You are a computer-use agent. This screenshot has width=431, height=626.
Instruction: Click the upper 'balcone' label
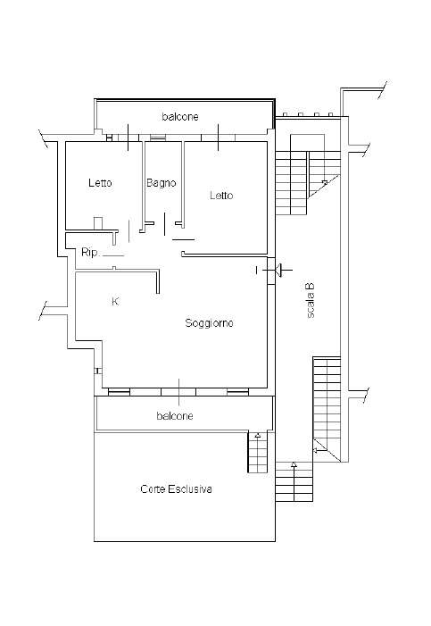click(180, 117)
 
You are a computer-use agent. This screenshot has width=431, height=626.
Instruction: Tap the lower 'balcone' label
click(175, 416)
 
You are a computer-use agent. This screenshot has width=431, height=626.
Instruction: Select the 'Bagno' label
click(161, 183)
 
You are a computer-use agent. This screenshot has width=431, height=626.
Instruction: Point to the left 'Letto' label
click(100, 183)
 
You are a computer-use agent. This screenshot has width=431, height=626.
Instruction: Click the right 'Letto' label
click(221, 196)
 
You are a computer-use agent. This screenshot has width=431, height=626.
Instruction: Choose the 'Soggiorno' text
click(209, 323)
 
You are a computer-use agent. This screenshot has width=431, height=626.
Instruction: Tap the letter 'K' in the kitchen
click(115, 302)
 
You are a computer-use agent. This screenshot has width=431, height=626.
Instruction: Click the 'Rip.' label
click(90, 253)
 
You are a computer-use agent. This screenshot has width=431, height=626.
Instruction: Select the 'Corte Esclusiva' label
click(176, 489)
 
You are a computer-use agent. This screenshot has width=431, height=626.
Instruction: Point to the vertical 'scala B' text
click(311, 300)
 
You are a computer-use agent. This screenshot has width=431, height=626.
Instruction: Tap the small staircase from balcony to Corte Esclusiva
click(258, 452)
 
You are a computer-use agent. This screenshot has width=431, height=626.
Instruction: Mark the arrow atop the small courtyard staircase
click(258, 435)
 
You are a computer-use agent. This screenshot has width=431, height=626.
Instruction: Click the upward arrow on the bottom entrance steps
click(294, 464)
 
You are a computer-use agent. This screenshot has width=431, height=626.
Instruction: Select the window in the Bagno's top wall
click(158, 138)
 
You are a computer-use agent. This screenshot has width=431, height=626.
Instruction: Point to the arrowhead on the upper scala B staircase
click(325, 182)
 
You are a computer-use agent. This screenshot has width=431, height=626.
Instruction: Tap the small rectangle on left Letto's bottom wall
click(98, 222)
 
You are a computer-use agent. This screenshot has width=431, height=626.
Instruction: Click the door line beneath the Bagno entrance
click(184, 239)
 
